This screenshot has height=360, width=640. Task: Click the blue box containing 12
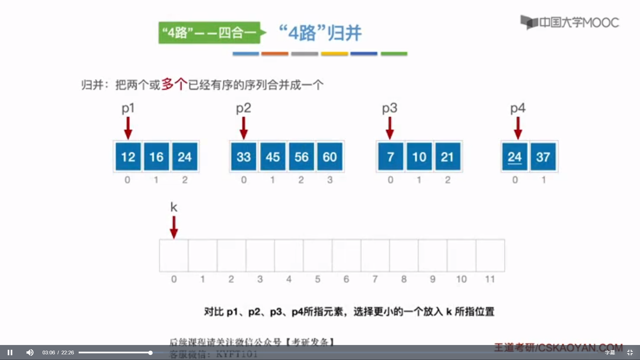[128, 157]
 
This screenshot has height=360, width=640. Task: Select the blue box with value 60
[330, 157]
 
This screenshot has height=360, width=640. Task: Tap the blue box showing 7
[390, 157]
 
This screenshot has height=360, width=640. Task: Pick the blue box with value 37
[543, 157]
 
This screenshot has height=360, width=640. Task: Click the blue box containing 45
[273, 157]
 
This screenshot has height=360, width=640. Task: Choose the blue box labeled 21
[447, 157]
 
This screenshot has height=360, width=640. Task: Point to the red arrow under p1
[128, 128]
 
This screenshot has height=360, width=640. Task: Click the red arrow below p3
[390, 128]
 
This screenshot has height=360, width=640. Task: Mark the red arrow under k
[174, 227]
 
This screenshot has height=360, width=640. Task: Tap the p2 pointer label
[243, 108]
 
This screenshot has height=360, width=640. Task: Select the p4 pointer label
[518, 108]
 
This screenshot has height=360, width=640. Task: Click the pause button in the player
[10, 352]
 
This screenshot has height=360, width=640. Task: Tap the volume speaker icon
[30, 352]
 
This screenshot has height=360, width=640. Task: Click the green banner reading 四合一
[209, 33]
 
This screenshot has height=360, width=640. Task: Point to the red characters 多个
[174, 84]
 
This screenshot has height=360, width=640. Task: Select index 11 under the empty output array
[490, 279]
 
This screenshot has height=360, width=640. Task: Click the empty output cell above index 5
[318, 255]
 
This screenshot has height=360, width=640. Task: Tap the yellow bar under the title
[334, 54]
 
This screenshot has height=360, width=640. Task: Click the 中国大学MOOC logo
[570, 22]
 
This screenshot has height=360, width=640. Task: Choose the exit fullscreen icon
[630, 352]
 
